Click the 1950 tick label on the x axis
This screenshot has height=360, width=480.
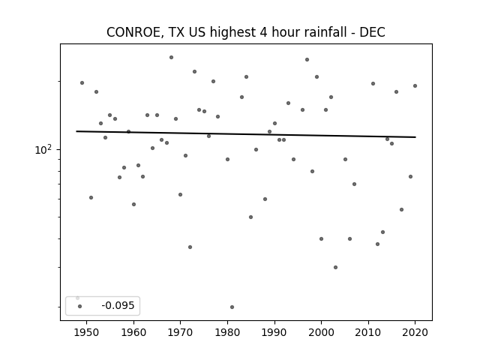pyautogui.click(x=87, y=332)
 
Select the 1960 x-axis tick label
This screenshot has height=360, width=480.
pyautogui.click(x=133, y=332)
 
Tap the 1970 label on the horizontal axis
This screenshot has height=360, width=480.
pyautogui.click(x=180, y=332)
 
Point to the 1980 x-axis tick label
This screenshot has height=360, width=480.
pyautogui.click(x=227, y=332)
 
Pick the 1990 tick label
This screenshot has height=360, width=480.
pyautogui.click(x=274, y=332)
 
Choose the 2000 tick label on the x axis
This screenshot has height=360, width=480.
pyautogui.click(x=321, y=332)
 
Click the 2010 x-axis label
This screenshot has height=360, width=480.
pyautogui.click(x=368, y=332)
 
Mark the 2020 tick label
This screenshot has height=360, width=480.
pyautogui.click(x=415, y=332)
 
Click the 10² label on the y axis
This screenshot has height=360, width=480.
pyautogui.click(x=43, y=149)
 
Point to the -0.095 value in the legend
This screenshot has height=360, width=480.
pyautogui.click(x=118, y=305)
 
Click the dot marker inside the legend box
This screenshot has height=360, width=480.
pyautogui.click(x=80, y=306)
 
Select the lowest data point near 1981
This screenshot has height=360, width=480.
pyautogui.click(x=232, y=307)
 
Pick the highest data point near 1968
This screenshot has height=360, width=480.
pyautogui.click(x=172, y=57)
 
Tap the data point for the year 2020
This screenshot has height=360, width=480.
pyautogui.click(x=415, y=85)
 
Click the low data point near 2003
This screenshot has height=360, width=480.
pyautogui.click(x=335, y=267)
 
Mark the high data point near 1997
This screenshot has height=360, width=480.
pyautogui.click(x=307, y=60)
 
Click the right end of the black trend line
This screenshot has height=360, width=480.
pyautogui.click(x=415, y=137)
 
